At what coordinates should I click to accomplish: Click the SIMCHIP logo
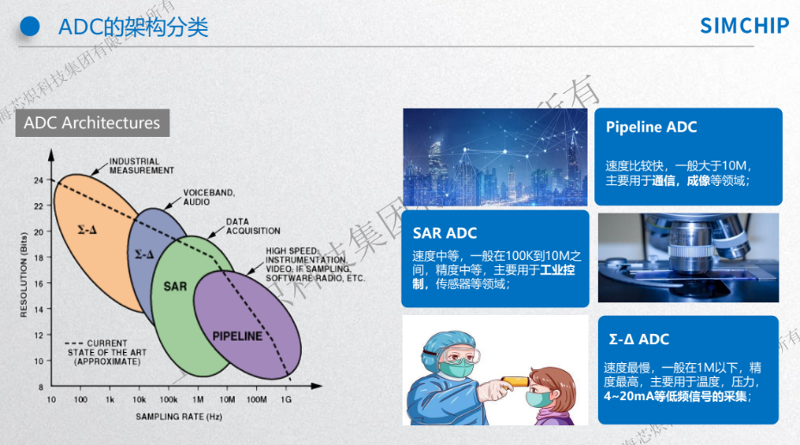pyautogui.click(x=743, y=26)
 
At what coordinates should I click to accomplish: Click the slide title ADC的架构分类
pyautogui.click(x=132, y=27)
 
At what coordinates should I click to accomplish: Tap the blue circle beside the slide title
pyautogui.click(x=30, y=27)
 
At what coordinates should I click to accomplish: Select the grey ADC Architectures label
pyautogui.click(x=92, y=123)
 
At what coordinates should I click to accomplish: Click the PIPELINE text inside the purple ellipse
pyautogui.click(x=237, y=336)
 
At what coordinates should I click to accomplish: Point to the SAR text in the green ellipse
pyautogui.click(x=175, y=286)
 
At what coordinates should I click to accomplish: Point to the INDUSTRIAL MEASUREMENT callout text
pyautogui.click(x=141, y=166)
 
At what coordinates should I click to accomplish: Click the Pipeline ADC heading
pyautogui.click(x=651, y=127)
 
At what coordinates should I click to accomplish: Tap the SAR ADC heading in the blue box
pyautogui.click(x=444, y=233)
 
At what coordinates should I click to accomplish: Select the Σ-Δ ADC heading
pyautogui.click(x=638, y=339)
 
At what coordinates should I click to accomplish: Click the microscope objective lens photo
pyautogui.click(x=688, y=257)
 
